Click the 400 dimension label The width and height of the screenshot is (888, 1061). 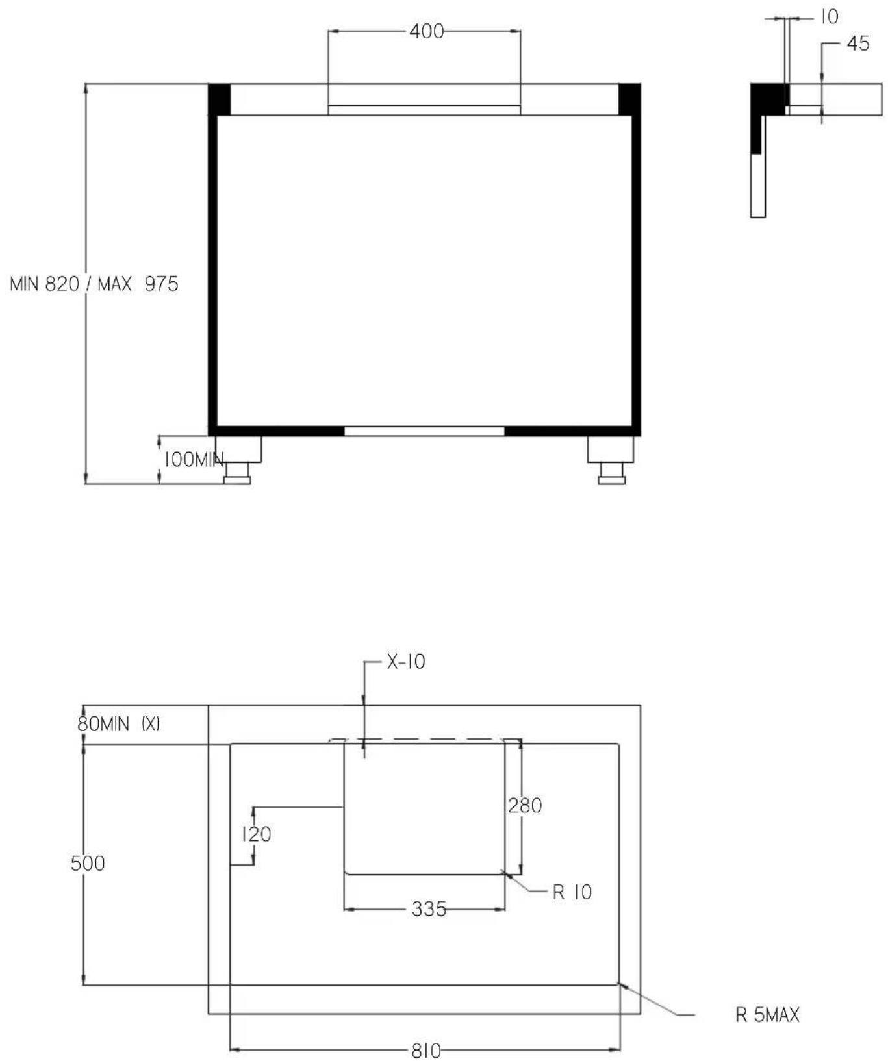(x=426, y=31)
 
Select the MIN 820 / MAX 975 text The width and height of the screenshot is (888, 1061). (x=94, y=284)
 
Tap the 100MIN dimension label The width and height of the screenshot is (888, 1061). (x=194, y=460)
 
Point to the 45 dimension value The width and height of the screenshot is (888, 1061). (x=858, y=44)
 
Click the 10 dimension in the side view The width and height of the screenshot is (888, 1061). (x=830, y=17)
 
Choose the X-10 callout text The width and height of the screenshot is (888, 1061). (x=406, y=662)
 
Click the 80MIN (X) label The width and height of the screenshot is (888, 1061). (x=118, y=723)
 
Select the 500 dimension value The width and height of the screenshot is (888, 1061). (x=88, y=863)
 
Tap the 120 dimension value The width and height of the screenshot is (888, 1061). (x=257, y=834)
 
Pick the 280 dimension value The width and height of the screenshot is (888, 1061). (x=525, y=806)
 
